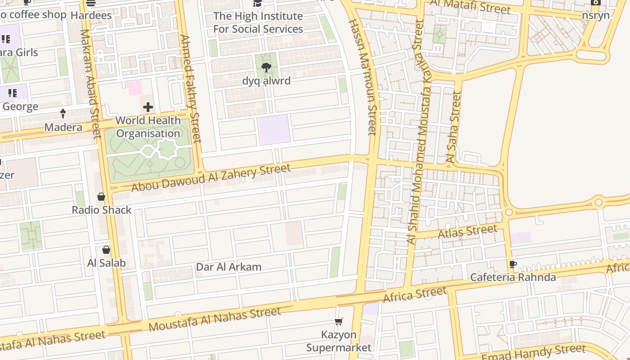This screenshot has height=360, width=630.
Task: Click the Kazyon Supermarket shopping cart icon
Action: point(339,321)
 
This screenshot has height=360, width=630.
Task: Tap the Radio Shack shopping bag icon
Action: point(101,197)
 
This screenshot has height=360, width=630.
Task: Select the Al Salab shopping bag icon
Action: point(106,250)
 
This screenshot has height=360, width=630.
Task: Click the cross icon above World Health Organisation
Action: point(148,107)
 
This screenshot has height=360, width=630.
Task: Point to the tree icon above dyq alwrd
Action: point(266,68)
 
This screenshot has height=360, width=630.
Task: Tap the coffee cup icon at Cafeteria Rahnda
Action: point(513,264)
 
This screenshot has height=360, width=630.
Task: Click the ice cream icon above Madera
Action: point(63,114)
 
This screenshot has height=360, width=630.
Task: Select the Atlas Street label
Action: point(468,232)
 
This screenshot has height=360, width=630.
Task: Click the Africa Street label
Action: point(414,295)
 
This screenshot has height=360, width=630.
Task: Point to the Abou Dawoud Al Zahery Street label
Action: point(211,178)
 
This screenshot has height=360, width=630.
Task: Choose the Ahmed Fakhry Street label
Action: point(189,89)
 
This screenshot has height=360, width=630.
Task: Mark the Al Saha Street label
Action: point(453,127)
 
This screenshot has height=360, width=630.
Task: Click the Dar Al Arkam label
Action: point(229,267)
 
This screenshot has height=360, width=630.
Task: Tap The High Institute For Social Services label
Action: point(258,22)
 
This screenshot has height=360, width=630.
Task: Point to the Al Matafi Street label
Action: point(470,6)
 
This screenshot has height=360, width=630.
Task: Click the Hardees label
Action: point(91,15)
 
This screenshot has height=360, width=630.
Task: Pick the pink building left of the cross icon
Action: point(134,88)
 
